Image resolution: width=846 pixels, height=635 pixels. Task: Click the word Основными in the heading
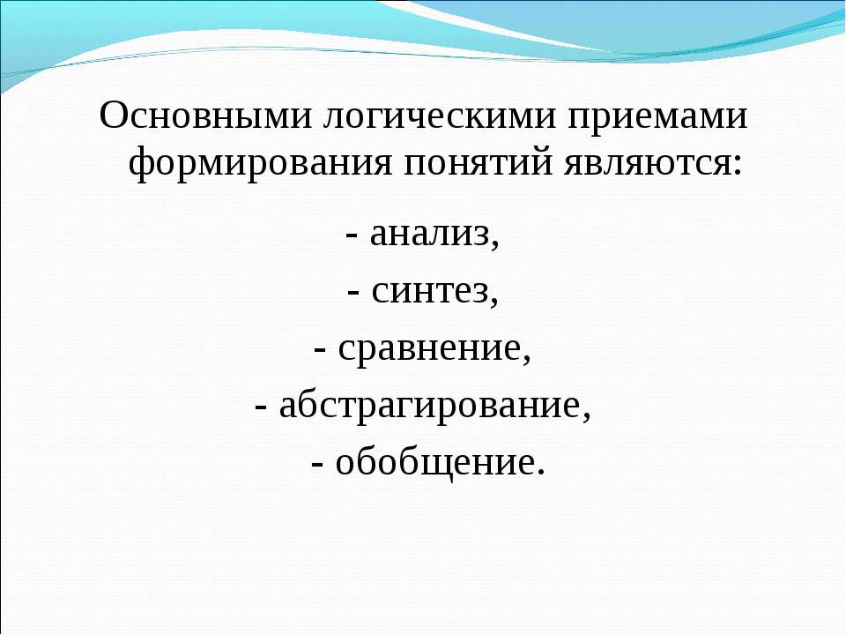coord(205,115)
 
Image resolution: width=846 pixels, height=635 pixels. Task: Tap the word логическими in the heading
coord(439,115)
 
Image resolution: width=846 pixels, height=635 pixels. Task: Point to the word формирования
coord(260,162)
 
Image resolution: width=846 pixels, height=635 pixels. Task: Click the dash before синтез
coord(354,295)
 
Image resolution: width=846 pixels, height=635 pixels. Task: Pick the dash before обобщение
coord(318,466)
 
